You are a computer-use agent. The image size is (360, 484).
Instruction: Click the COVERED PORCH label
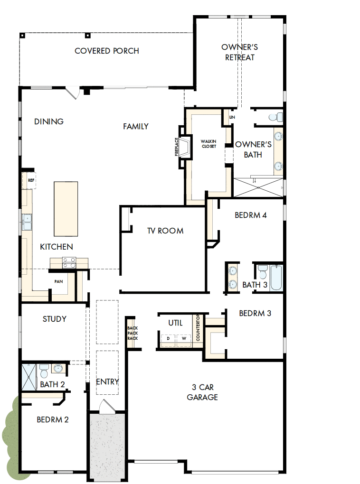[x=107, y=51]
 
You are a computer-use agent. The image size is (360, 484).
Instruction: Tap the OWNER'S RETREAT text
[x=239, y=52]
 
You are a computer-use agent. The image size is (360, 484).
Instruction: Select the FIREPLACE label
[x=177, y=147]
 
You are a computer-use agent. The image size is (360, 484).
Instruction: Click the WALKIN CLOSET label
[x=208, y=144]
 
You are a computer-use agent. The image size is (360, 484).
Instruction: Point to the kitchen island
[x=66, y=208]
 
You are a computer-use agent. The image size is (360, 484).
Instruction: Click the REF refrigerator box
[x=31, y=180]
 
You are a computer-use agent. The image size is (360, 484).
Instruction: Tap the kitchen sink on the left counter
[x=27, y=222]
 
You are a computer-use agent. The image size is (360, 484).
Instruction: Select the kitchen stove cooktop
[x=68, y=262]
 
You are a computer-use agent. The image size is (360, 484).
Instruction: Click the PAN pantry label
[x=58, y=281]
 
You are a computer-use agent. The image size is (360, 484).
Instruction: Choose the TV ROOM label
[x=165, y=231]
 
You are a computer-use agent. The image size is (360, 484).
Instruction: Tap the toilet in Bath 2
[x=44, y=369]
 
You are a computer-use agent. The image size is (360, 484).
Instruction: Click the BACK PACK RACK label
[x=133, y=333]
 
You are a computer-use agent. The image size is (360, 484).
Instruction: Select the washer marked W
[x=183, y=339]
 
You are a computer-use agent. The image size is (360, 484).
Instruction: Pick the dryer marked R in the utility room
[x=168, y=339]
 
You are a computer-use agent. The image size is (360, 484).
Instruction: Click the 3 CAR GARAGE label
[x=202, y=392]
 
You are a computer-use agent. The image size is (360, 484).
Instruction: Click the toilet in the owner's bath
[x=275, y=117]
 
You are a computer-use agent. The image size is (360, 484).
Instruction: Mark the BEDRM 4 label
[x=251, y=215]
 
